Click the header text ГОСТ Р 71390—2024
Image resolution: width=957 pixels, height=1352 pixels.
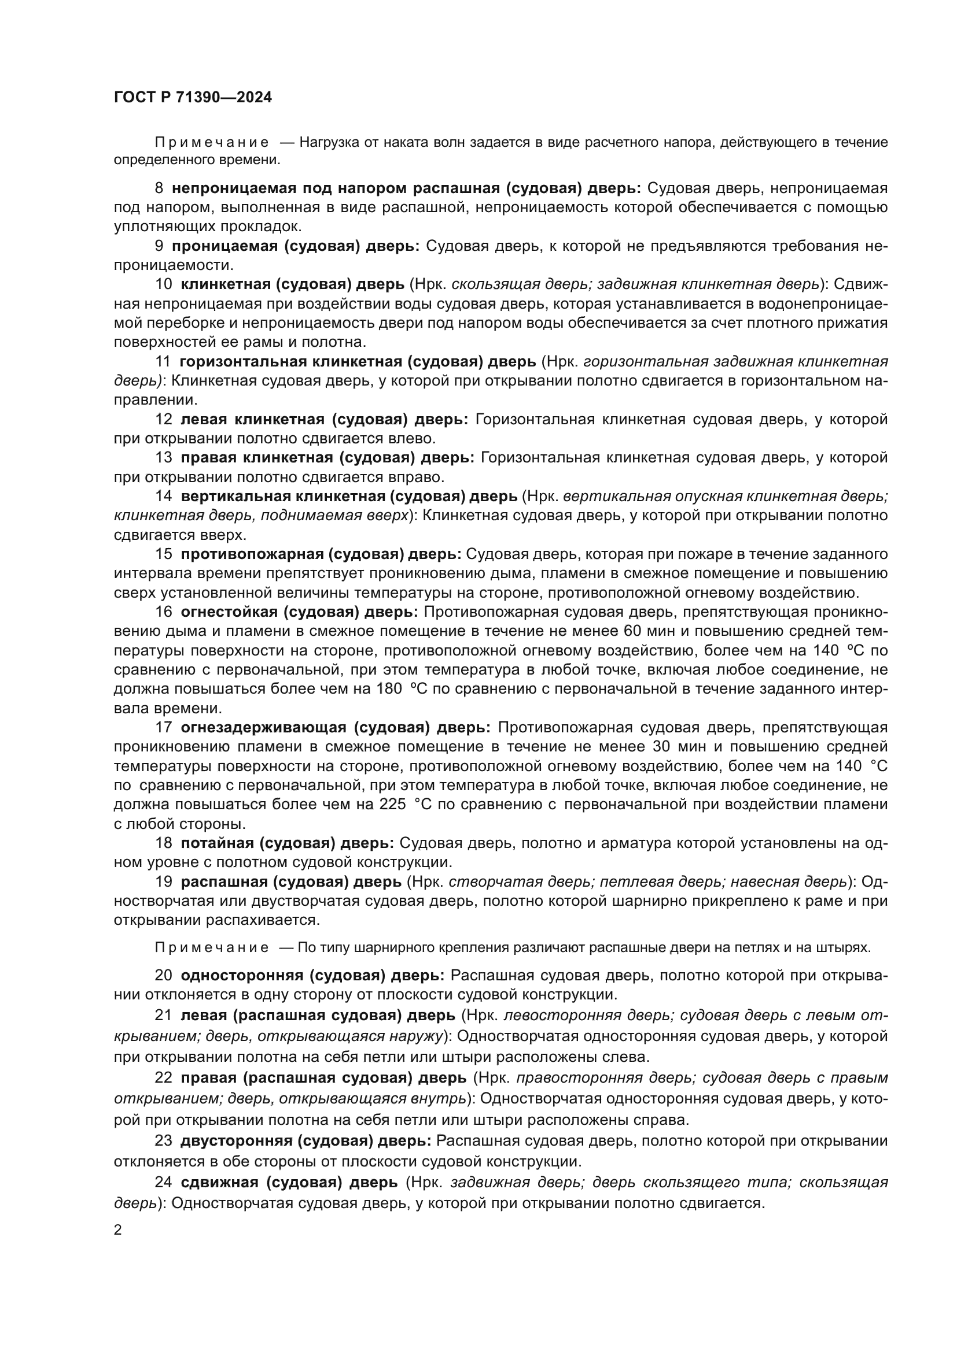tap(193, 97)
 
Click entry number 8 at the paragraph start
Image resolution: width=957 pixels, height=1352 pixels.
tap(159, 188)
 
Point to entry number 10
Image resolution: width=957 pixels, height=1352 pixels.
tap(163, 284)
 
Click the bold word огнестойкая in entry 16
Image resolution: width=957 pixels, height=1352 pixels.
tap(229, 612)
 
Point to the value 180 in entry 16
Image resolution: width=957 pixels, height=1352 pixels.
tap(389, 689)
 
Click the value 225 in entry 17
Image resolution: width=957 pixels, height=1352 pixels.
tap(392, 805)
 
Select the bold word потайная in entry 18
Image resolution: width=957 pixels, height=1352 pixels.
tap(217, 843)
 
